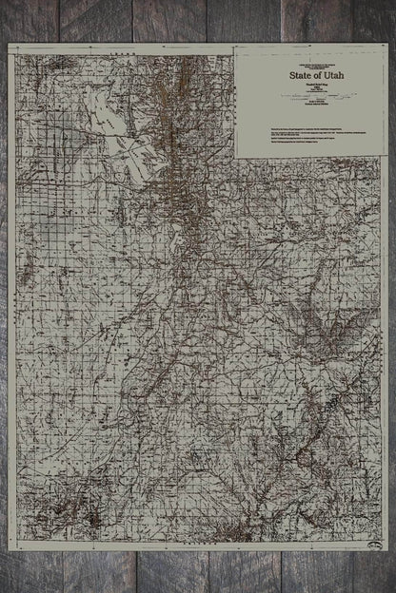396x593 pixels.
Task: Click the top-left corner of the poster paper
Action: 9,44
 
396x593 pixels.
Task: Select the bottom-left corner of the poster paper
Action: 9,550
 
